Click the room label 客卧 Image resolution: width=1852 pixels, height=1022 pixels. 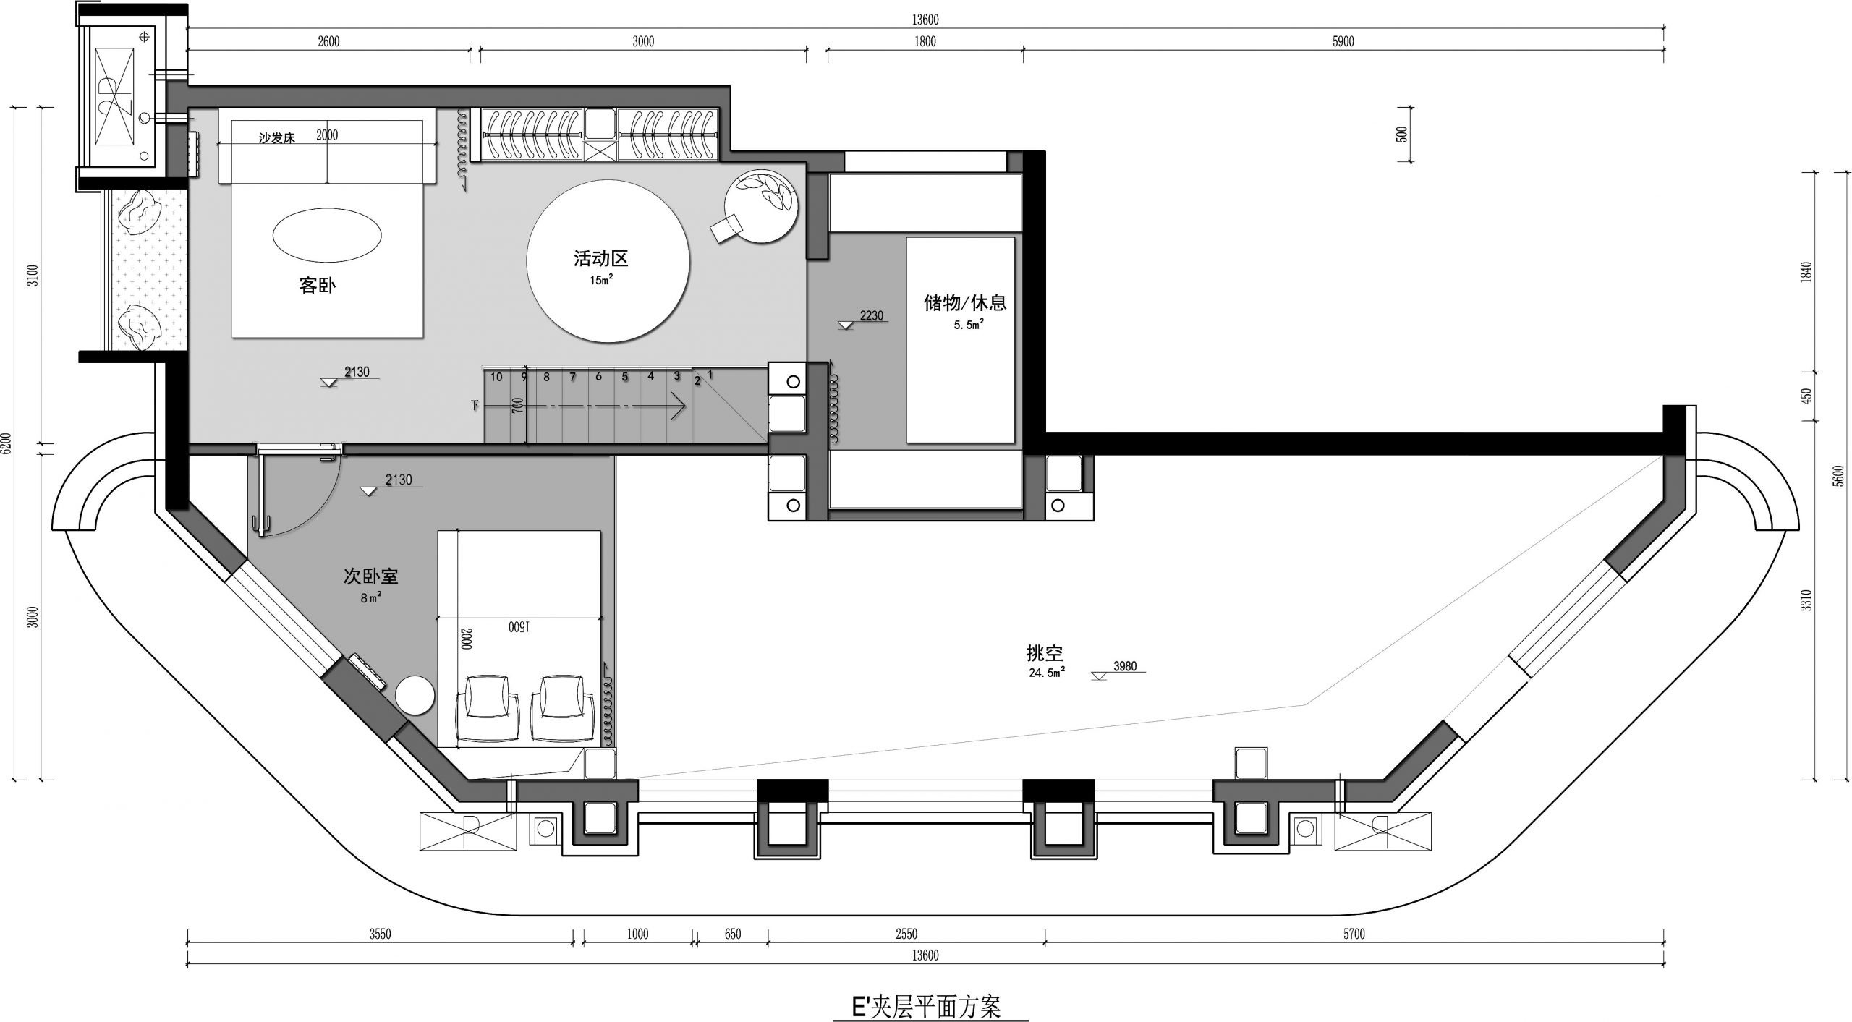point(318,286)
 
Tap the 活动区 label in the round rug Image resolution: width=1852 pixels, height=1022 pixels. point(600,257)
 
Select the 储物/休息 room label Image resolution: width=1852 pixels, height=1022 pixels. point(966,302)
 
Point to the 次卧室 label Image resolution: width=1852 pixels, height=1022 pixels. point(370,576)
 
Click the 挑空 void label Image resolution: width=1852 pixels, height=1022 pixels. point(1045,653)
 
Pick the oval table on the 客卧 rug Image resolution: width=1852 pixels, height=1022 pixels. point(327,234)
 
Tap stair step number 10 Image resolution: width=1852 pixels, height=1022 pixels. point(496,377)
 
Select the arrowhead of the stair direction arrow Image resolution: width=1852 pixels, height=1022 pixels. point(678,406)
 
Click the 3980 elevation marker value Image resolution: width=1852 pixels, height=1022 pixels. point(1125,666)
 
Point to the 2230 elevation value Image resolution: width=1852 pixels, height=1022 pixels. point(872,315)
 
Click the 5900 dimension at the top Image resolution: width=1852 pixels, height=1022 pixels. point(1343,42)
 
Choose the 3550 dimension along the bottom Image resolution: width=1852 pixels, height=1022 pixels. point(380,934)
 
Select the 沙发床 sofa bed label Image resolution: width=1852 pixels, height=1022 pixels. point(277,138)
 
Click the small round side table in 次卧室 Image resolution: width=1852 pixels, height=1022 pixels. point(415,695)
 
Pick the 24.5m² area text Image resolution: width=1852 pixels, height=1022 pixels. point(1046,673)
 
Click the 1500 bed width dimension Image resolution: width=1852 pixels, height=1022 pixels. point(518,627)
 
